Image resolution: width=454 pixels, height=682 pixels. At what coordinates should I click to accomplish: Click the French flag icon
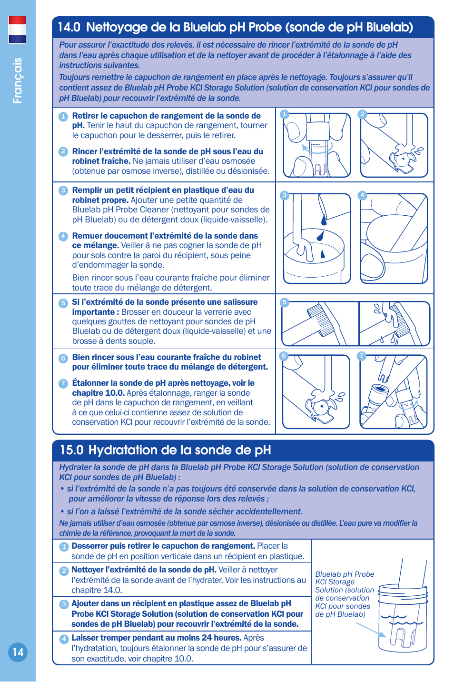pos(17,30)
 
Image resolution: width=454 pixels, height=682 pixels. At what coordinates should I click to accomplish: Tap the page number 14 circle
pos(18,652)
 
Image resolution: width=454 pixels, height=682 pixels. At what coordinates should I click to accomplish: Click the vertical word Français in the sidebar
pos(18,80)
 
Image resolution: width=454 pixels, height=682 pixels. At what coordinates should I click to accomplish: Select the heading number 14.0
pos(69,27)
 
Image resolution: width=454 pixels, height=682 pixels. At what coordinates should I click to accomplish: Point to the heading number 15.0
pos(71,450)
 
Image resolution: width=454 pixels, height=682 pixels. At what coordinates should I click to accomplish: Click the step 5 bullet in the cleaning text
pos(63,303)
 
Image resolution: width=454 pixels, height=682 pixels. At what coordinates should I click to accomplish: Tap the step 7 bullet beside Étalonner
pos(63,383)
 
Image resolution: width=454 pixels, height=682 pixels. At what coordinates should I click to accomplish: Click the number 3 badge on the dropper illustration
pos(284,195)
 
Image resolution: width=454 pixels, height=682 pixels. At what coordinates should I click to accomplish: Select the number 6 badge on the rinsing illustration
pos(284,356)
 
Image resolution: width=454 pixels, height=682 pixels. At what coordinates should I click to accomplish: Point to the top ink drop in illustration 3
pos(324,220)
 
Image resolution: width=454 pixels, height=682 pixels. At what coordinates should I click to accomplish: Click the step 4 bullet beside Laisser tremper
pos(64,639)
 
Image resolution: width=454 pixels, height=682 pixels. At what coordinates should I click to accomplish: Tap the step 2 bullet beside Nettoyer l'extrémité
pos(64,571)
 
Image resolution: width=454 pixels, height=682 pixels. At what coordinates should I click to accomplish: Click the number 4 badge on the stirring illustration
pos(362,195)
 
